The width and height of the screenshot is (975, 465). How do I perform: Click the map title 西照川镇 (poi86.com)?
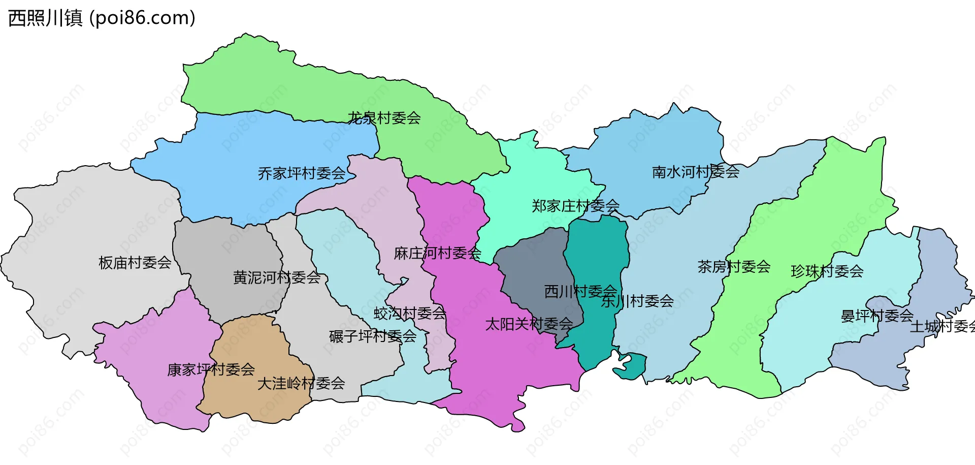[102, 18]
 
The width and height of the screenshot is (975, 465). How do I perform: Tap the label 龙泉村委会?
[384, 118]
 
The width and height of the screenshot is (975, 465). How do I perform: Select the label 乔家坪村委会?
[302, 173]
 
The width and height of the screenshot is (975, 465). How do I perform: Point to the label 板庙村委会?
[135, 262]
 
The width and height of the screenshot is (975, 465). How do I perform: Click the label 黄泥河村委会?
[277, 277]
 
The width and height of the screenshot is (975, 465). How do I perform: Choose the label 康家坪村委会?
[211, 369]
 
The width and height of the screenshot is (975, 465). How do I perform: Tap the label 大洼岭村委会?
[301, 383]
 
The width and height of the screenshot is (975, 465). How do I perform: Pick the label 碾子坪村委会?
[373, 336]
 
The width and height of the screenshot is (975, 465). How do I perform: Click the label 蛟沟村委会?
[410, 313]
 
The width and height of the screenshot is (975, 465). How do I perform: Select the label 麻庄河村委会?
[437, 253]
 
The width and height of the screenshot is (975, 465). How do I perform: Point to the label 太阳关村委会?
[529, 324]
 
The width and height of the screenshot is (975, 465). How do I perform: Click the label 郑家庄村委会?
[575, 206]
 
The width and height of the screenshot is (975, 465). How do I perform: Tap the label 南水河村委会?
[696, 172]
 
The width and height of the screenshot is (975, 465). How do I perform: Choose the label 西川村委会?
[580, 291]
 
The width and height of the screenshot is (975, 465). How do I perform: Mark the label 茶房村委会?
[734, 266]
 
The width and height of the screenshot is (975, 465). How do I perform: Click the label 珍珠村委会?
[827, 271]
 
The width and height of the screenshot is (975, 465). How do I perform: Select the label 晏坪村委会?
[877, 316]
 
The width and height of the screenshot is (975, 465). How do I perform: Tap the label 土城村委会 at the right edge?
[942, 326]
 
